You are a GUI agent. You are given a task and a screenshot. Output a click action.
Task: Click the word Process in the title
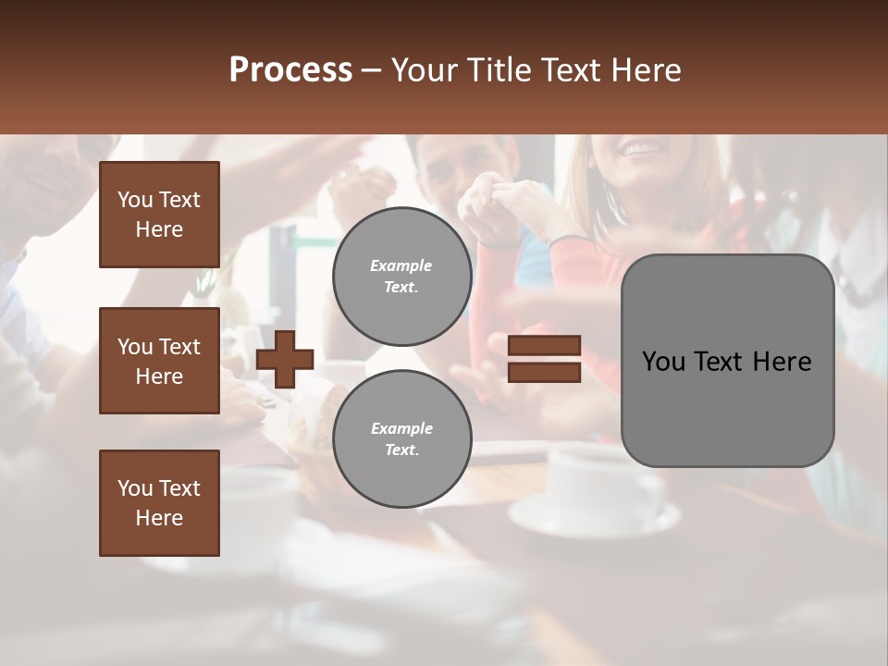click(x=290, y=70)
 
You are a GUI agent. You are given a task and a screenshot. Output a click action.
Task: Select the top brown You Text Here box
click(x=159, y=215)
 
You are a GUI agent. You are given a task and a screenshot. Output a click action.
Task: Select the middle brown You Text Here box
click(x=159, y=361)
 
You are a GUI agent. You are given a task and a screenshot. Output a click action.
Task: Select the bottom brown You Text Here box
click(x=159, y=503)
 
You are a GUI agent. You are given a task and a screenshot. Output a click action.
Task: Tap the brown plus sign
click(x=285, y=359)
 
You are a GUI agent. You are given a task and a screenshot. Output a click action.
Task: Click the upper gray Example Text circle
click(x=401, y=277)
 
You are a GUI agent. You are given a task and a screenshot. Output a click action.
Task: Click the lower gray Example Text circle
click(x=401, y=439)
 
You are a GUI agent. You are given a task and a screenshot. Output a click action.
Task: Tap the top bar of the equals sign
click(x=545, y=346)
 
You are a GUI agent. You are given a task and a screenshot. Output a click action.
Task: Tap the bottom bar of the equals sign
click(x=545, y=373)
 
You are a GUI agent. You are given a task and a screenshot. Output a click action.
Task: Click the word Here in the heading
click(x=646, y=70)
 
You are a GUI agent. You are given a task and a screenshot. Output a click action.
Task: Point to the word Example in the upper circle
click(x=401, y=266)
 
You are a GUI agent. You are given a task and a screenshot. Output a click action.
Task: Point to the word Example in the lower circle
click(x=401, y=429)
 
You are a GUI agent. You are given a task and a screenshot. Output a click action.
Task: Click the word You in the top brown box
click(x=135, y=200)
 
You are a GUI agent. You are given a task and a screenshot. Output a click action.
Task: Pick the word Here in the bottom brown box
click(x=159, y=518)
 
